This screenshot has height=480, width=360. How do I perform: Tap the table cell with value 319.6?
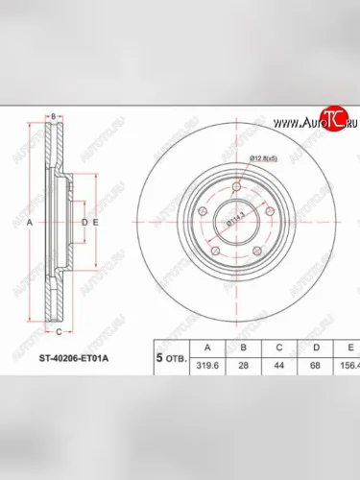[203, 366]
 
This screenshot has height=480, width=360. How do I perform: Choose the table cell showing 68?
[313, 366]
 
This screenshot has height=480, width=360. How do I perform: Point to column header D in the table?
[313, 347]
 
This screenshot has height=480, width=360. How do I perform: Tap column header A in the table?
[203, 347]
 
